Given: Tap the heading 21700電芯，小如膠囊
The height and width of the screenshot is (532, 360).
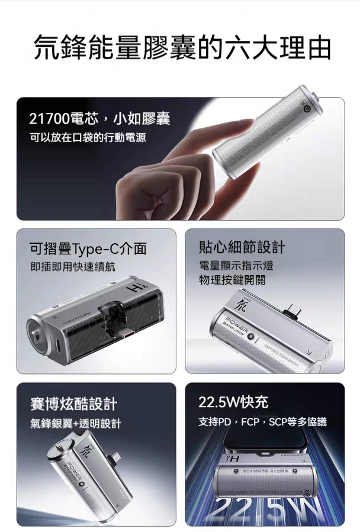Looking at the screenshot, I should [x=99, y=119].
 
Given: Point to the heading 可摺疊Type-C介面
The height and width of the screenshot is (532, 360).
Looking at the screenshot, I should [x=88, y=249].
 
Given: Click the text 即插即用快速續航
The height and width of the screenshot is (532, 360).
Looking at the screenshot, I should [x=73, y=267].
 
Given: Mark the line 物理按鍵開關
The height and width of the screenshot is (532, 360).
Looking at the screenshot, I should [x=232, y=279].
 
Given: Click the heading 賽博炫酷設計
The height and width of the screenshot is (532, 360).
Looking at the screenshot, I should [x=73, y=404].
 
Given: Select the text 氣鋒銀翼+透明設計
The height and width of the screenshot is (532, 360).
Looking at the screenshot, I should [x=76, y=423].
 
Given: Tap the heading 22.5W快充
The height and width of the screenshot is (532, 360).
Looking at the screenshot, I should [x=233, y=402].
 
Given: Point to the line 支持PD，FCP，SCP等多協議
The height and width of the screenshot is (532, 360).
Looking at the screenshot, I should [x=262, y=422].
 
